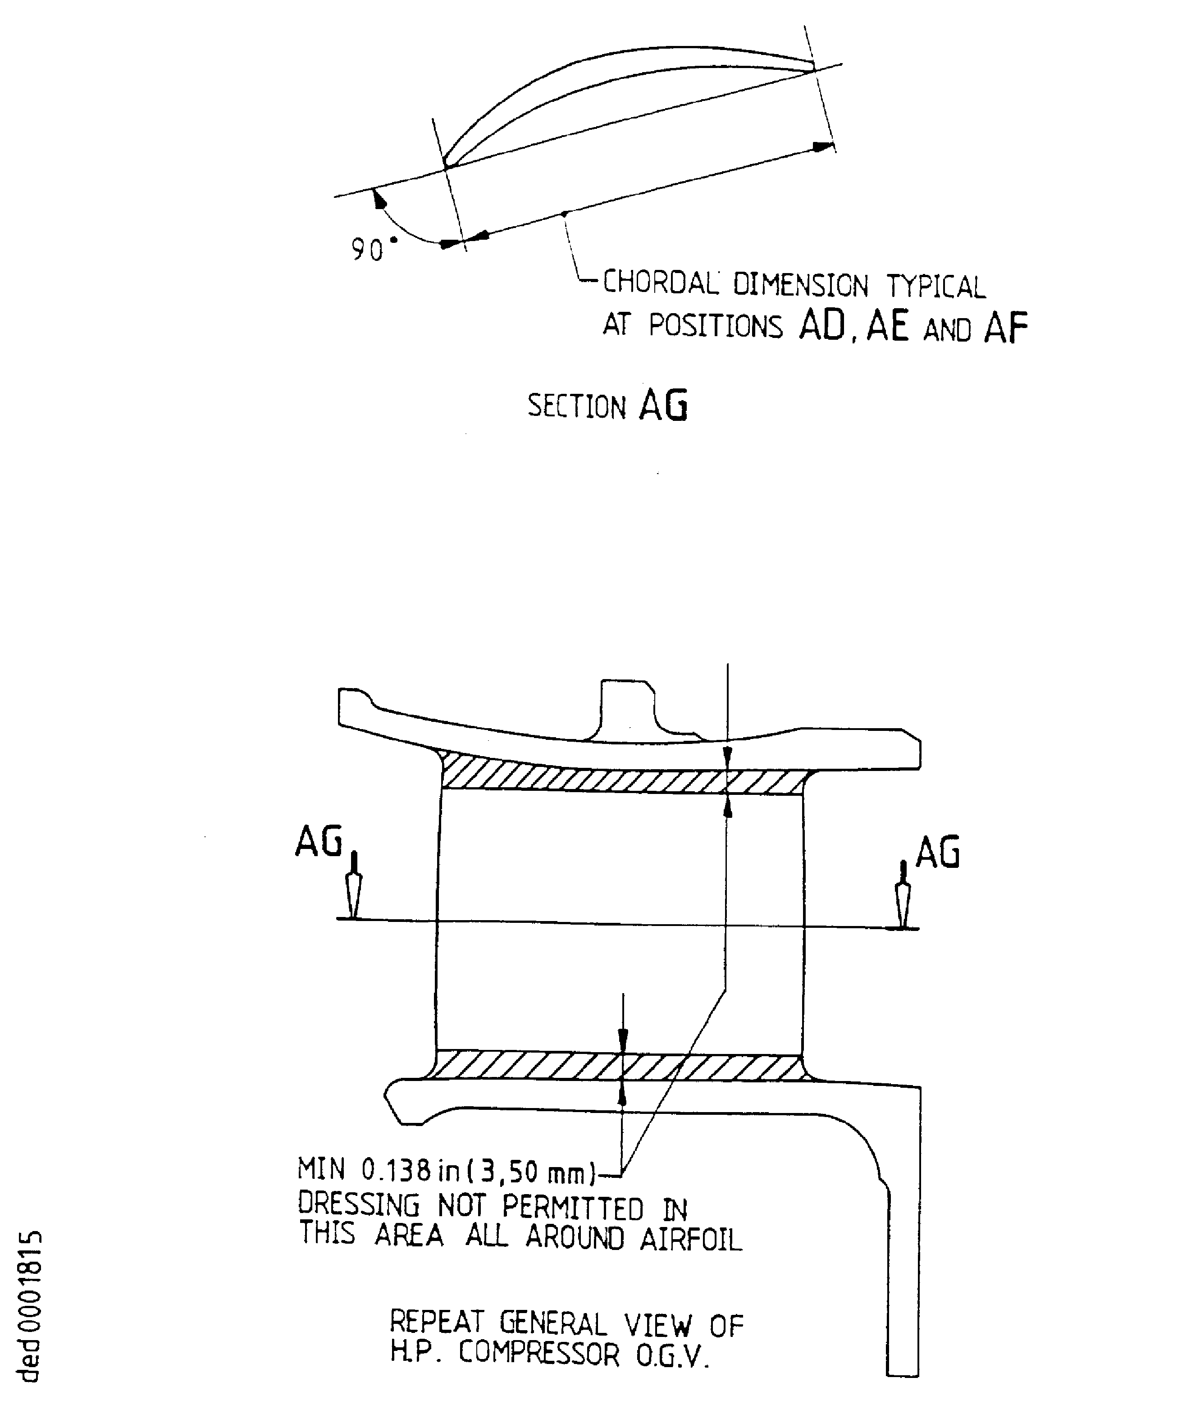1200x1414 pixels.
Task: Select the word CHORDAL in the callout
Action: pyautogui.click(x=659, y=283)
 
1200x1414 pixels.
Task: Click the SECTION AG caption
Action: pyautogui.click(x=607, y=406)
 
